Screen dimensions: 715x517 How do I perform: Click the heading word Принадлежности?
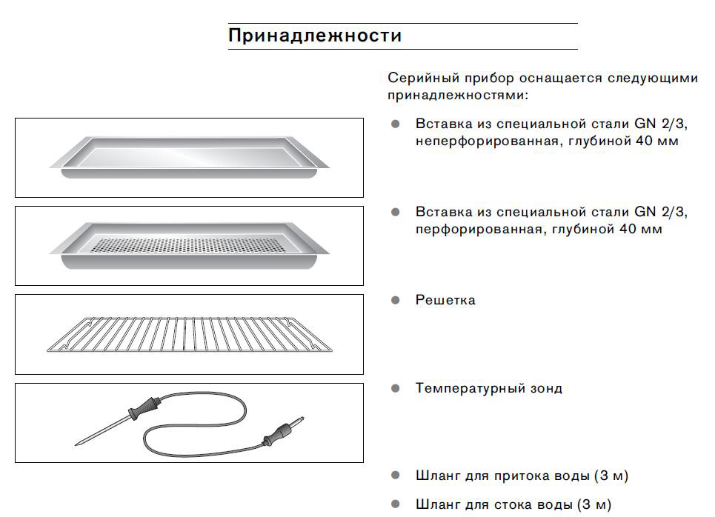[315, 36]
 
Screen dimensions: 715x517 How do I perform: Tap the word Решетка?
[445, 300]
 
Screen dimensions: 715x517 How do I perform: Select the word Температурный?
[470, 388]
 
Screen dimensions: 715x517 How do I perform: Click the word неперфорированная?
[487, 141]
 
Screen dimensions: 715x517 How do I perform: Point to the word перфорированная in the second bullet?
[479, 230]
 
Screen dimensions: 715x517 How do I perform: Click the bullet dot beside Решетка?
[396, 300]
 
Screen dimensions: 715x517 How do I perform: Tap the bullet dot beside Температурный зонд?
[396, 388]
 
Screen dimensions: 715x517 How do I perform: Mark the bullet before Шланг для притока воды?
[396, 476]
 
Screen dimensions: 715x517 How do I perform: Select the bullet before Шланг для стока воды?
[396, 504]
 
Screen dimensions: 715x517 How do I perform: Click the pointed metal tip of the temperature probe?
[76, 444]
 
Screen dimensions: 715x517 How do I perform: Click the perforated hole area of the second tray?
[188, 246]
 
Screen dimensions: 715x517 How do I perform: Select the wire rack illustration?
[190, 335]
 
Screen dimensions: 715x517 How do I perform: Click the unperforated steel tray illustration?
[189, 156]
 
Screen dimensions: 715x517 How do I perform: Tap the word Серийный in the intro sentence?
[423, 79]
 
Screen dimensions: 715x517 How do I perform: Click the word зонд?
[546, 389]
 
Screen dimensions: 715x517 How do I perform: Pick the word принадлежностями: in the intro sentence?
[458, 96]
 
